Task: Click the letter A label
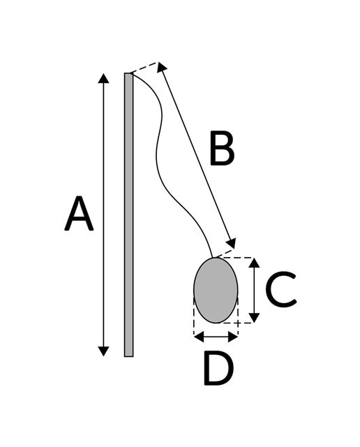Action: pos(79,213)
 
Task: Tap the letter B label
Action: pos(222,148)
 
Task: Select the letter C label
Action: pos(281,290)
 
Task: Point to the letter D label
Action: pos(219,368)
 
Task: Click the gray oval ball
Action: pos(216,291)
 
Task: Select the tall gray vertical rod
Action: pos(129,214)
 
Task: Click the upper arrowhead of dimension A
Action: pos(103,78)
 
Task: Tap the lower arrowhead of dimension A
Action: pos(103,351)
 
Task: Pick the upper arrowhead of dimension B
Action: pos(161,67)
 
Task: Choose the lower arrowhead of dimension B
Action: pos(231,244)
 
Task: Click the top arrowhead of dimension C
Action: pos(254,263)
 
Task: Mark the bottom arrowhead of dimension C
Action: pos(254,318)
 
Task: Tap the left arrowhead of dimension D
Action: pos(199,337)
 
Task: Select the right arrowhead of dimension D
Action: pos(233,337)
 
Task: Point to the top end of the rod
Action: pos(129,73)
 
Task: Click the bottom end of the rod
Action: pos(129,356)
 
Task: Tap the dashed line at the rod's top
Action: pos(144,67)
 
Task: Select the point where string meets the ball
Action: pos(213,258)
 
